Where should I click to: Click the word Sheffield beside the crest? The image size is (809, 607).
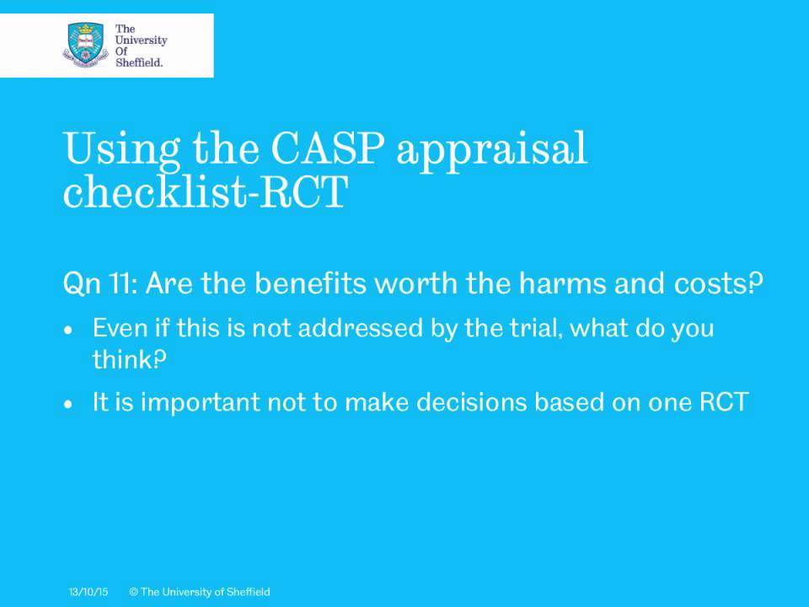138,62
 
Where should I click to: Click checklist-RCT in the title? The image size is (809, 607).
205,192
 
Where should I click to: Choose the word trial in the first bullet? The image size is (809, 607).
535,328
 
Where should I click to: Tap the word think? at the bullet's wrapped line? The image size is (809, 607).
129,360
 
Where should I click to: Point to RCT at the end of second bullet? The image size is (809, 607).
724,402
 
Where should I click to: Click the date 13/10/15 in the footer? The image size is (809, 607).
88,593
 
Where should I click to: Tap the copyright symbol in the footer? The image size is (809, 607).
133,593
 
